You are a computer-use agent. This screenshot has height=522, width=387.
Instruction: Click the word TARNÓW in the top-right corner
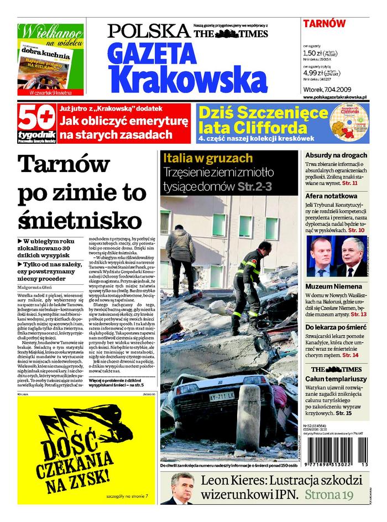click(x=324, y=23)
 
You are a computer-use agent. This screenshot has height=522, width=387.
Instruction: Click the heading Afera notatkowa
click(x=331, y=196)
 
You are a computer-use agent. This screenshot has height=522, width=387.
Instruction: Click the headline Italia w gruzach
click(x=207, y=158)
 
